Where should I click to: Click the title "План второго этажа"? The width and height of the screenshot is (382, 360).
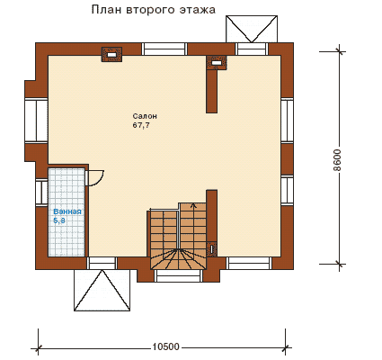153,10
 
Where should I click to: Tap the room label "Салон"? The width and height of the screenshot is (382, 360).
145,116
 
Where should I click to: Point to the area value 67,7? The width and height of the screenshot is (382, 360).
141,125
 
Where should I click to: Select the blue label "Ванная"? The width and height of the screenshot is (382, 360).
67,211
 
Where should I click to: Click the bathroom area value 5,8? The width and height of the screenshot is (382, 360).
59,221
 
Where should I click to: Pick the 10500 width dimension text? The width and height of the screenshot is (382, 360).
165,346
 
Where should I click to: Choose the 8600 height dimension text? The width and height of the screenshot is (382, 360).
337,160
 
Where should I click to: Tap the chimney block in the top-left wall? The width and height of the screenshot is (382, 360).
111,55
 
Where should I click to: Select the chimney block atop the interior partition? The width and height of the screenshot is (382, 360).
217,63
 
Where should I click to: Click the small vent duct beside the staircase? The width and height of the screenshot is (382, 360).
212,248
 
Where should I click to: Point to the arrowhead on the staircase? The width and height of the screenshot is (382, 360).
194,205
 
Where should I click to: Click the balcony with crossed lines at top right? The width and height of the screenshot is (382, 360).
252,29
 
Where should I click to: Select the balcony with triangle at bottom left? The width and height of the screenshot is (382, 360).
102,290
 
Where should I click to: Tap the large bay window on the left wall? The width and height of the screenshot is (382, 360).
36,121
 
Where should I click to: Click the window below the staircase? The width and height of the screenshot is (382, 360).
178,276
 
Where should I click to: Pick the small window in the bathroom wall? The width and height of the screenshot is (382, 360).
42,192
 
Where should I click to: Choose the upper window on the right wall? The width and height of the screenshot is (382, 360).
288,121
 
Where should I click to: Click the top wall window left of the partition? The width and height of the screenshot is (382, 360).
164,49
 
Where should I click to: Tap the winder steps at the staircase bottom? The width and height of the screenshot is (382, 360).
179,259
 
